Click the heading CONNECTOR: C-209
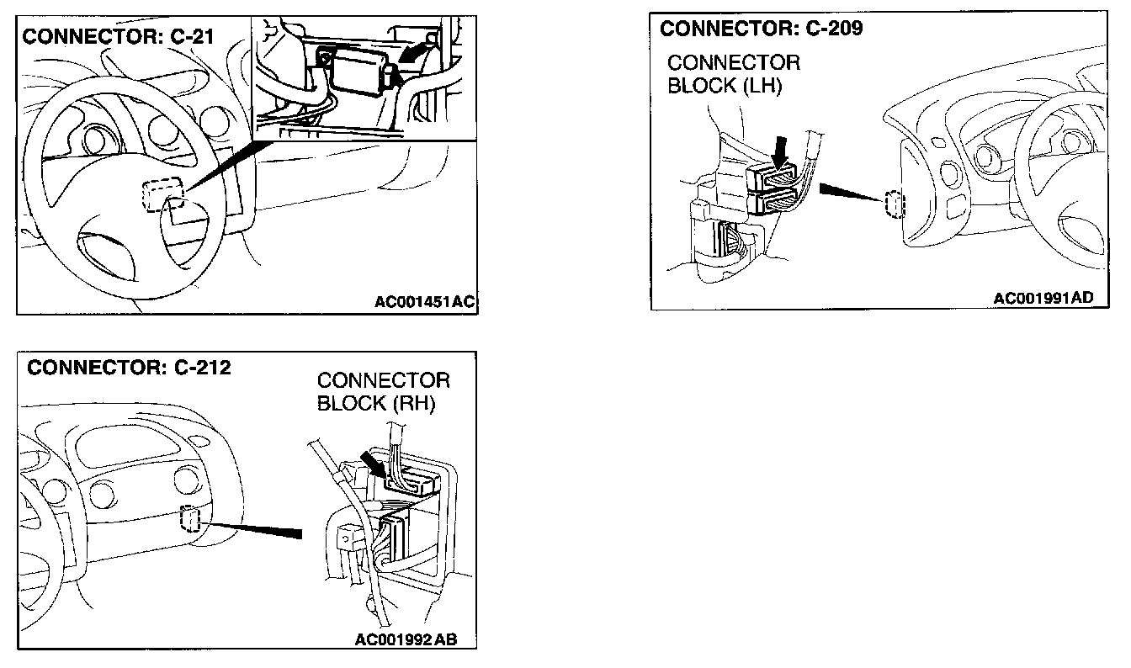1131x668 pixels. click(761, 29)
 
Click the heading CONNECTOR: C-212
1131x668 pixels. click(129, 368)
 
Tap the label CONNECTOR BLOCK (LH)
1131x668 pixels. click(733, 75)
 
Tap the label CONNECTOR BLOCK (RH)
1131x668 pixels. click(383, 391)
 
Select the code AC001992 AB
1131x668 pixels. click(406, 639)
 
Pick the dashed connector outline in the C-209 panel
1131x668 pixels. click(894, 204)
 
